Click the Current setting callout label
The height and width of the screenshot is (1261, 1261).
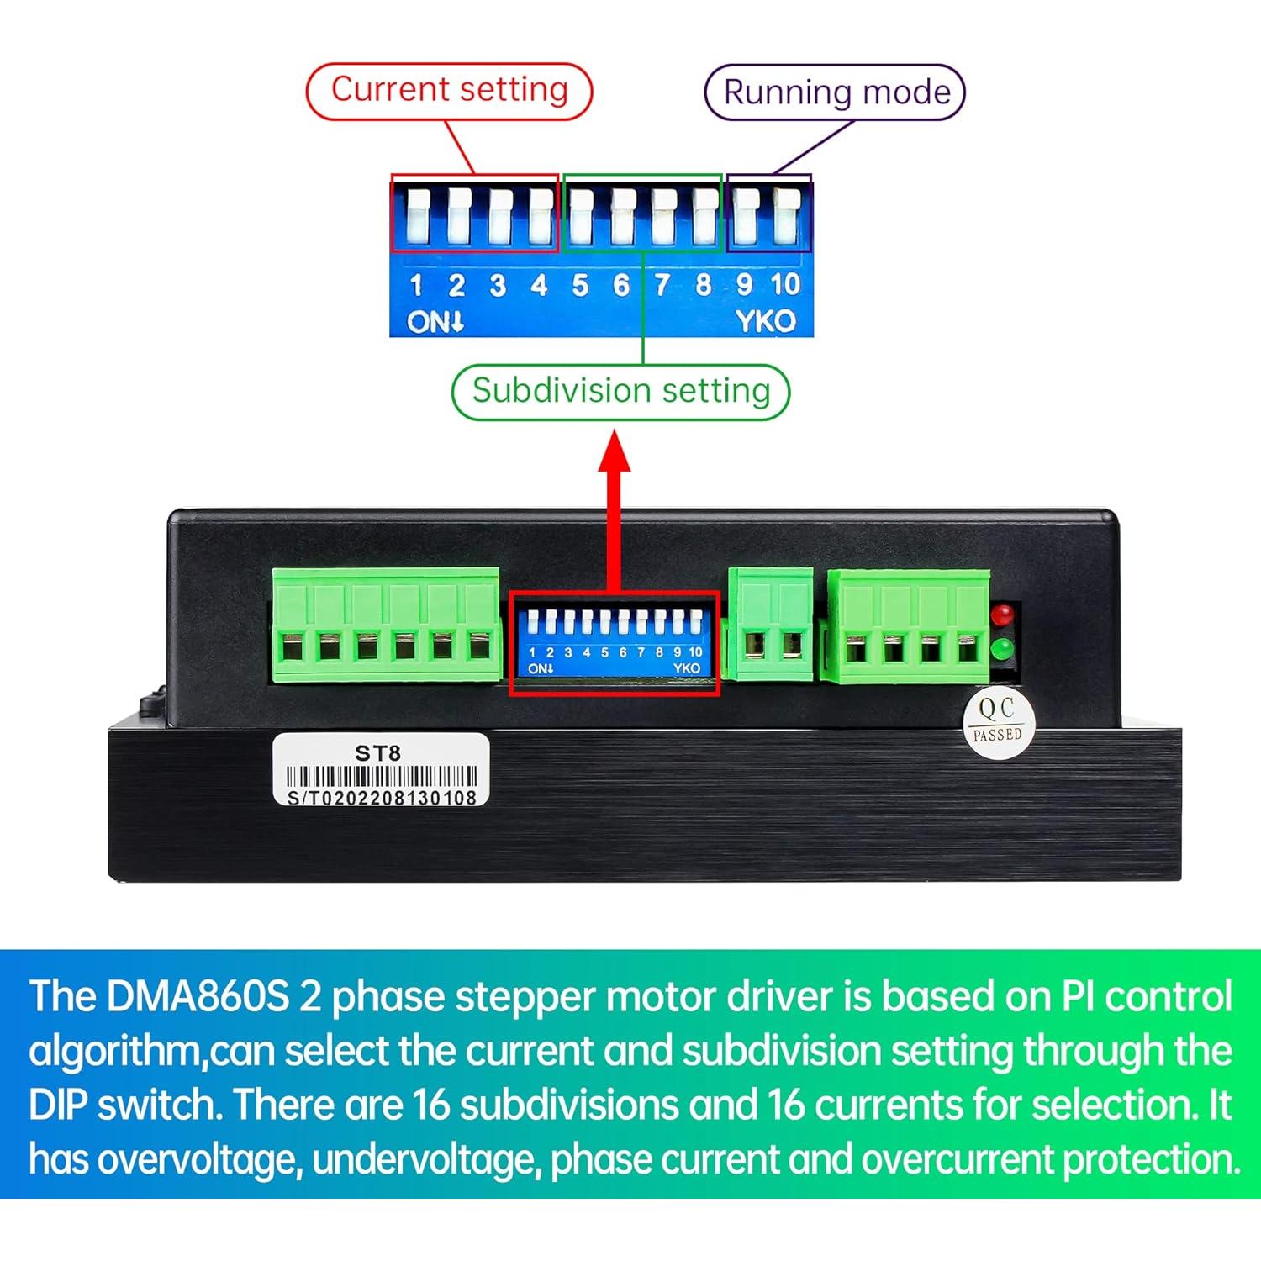449,90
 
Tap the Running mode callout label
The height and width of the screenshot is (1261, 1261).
835,92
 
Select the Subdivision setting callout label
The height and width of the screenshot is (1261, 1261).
620,391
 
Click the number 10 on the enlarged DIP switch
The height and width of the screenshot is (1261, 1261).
785,285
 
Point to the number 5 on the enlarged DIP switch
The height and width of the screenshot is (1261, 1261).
580,286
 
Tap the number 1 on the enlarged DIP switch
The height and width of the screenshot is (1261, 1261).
415,286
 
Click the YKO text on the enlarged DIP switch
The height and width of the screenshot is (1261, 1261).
765,321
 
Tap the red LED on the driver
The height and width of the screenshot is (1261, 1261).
1001,614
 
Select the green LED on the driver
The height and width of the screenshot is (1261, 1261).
1001,650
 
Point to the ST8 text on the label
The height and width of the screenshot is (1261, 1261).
377,753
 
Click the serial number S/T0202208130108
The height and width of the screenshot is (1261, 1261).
382,798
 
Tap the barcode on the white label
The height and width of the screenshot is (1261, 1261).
382,777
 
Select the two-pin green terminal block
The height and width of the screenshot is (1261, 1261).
770,624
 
